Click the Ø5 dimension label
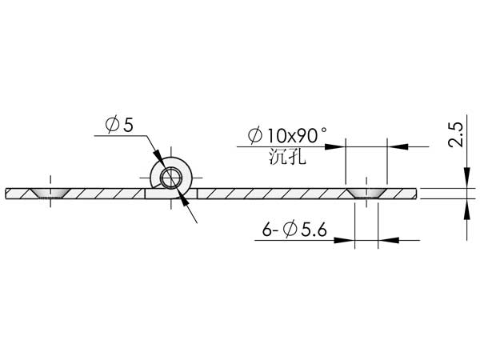coord(119,124)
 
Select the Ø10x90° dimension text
coord(287,135)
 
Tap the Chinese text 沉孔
coord(287,157)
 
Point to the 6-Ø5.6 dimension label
coord(294,230)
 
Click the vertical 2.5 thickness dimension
coord(455,134)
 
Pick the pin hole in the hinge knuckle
coord(171,178)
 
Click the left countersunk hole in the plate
coord(50,193)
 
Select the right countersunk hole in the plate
coord(366,193)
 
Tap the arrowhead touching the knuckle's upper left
coord(158,156)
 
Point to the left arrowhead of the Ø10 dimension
coord(335,146)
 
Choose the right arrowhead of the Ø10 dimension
coord(398,146)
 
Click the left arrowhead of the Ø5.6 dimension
coord(344,240)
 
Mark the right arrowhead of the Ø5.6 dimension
coord(389,240)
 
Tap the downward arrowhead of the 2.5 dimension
coord(467,178)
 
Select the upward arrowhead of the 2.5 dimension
coord(467,210)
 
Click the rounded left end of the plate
coord(6,194)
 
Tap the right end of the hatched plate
coord(416,194)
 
